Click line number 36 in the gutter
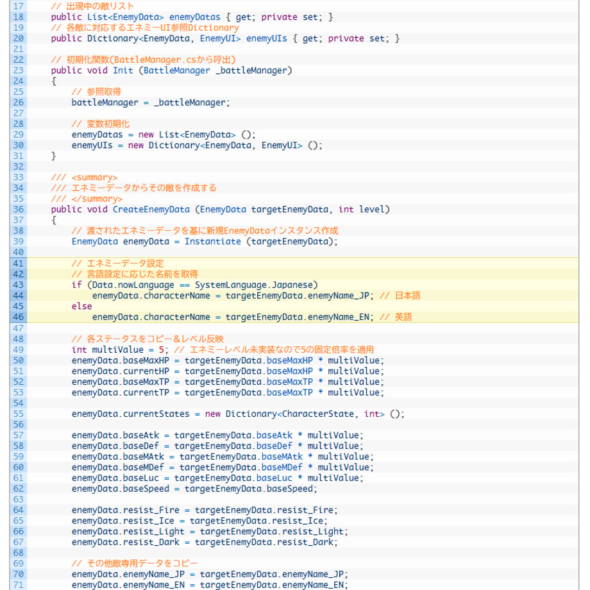18,210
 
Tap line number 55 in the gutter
18,414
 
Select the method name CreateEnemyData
151,210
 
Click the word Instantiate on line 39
213,242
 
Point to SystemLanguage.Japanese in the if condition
254,285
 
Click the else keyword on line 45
81,307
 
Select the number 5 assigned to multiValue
161,350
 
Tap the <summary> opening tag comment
94,178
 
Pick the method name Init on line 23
123,71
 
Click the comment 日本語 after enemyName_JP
407,296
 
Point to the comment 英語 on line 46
403,317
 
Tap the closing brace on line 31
53,156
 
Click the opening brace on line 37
53,220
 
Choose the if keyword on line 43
77,285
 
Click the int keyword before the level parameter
346,210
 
